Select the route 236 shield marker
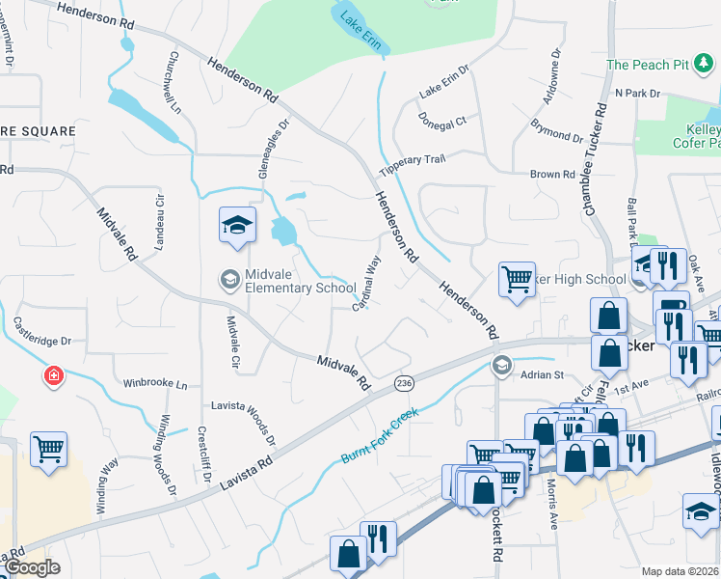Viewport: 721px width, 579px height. click(x=405, y=384)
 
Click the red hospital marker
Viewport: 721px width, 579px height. click(x=53, y=375)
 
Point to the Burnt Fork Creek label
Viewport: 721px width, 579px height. click(x=382, y=437)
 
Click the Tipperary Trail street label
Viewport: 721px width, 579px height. click(x=413, y=163)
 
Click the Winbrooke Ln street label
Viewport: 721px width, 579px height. click(x=154, y=383)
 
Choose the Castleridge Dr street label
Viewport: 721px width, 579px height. click(x=42, y=341)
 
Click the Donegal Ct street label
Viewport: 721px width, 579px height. click(x=442, y=122)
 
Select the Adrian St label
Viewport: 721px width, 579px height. click(x=542, y=374)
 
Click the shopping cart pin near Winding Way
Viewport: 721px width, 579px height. click(x=48, y=450)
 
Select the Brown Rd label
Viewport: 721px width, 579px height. click(x=552, y=175)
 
